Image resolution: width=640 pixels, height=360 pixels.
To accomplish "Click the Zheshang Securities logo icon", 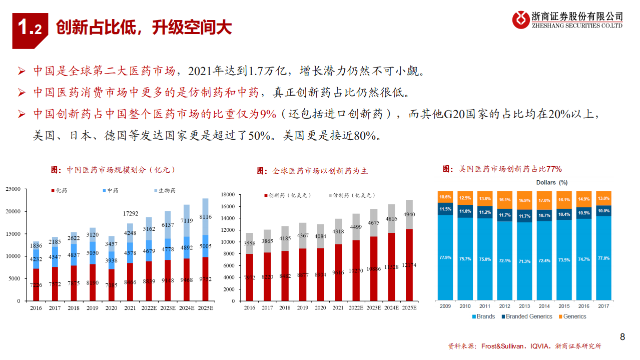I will coord(520,20).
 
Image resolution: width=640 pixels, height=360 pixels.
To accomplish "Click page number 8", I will coord(622,337).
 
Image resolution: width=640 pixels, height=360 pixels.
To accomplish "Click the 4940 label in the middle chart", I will coord(409,215).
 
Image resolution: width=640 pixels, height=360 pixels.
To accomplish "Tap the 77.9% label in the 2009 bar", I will coord(445,257).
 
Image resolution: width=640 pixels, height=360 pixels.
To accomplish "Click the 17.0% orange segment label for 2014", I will coord(544,200).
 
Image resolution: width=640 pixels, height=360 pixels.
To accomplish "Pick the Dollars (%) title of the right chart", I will coord(551,183).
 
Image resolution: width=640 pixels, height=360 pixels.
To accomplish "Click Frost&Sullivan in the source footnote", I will coord(502,346).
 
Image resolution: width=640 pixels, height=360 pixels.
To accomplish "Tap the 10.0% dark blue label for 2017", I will coord(603,211).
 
